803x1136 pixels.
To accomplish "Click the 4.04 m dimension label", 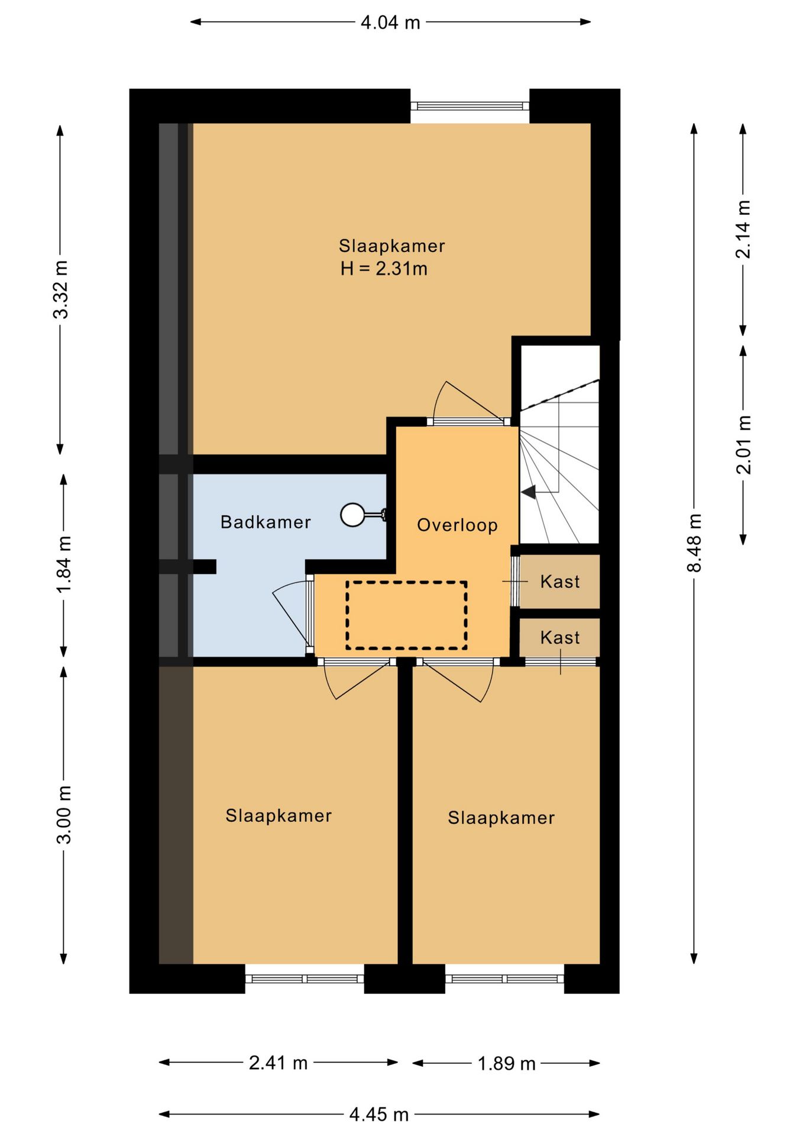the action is pos(390,22).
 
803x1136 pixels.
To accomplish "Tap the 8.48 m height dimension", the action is pos(694,543).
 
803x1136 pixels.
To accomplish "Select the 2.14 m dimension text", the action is pos(743,229).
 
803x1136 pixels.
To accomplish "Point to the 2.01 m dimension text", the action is pos(743,444).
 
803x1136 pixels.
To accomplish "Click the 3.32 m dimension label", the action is pos(61,289).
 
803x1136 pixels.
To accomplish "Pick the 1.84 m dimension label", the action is pos(64,564).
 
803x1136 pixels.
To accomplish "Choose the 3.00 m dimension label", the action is pos(64,815).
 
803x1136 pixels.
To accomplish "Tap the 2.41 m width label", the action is pos(278,1063).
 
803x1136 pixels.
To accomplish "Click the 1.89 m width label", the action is pos(506,1063).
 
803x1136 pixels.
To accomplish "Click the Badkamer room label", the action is pos(265,522).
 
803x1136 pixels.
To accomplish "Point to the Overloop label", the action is pos(457,525).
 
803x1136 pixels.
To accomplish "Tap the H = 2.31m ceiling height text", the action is pos(384,269).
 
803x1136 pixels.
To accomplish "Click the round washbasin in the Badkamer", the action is pos(353,515).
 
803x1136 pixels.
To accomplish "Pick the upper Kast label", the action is pos(560,582).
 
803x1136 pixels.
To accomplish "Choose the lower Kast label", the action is pos(560,638).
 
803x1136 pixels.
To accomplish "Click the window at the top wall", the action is pos(470,106).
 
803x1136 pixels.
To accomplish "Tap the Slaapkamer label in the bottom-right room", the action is pos(501,818).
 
